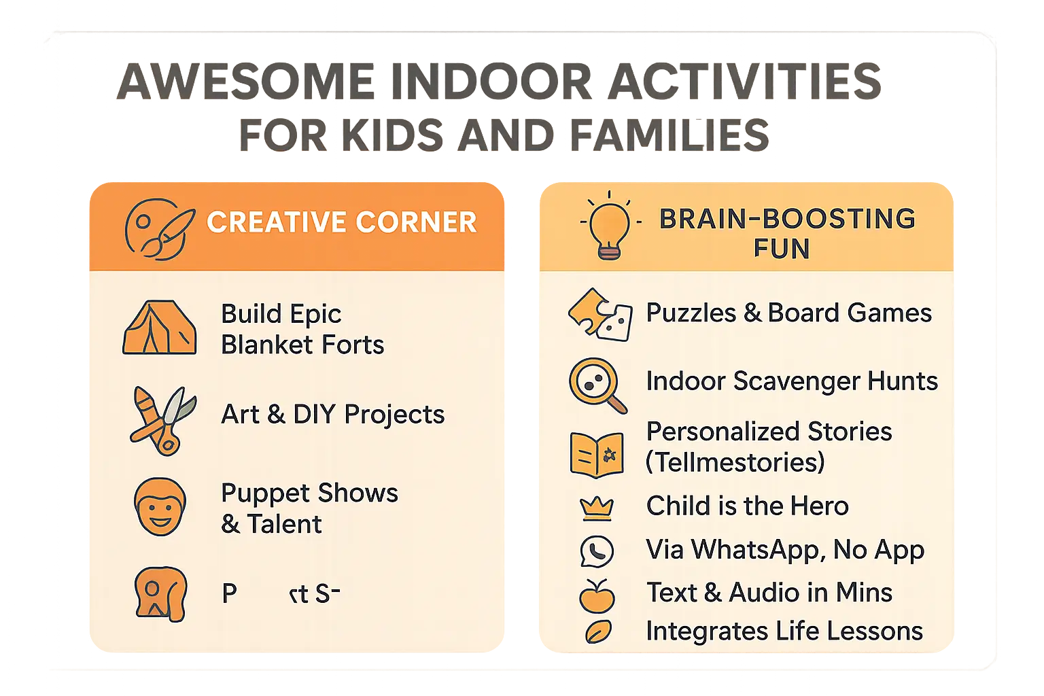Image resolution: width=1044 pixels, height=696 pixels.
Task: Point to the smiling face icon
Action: click(x=160, y=507)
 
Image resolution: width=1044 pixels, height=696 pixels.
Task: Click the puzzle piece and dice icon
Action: click(x=600, y=315)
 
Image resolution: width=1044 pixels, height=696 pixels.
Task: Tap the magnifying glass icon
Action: click(x=597, y=385)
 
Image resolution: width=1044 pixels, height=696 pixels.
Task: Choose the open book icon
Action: click(x=596, y=454)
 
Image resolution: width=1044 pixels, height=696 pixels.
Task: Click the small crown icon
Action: click(x=596, y=508)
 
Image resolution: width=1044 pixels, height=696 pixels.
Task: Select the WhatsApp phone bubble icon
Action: click(x=596, y=551)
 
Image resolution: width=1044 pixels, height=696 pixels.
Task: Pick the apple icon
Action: click(x=596, y=596)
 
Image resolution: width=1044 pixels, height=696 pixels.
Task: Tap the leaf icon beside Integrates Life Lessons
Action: click(x=597, y=632)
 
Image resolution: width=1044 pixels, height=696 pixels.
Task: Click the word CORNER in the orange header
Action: click(x=416, y=222)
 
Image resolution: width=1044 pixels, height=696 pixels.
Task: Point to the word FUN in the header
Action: click(x=781, y=249)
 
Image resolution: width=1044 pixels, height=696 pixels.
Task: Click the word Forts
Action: click(x=353, y=345)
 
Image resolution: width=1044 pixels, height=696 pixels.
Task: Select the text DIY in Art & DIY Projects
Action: click(x=314, y=414)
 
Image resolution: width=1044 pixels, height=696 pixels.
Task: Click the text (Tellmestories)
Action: click(x=735, y=462)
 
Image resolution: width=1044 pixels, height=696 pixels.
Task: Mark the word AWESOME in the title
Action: click(x=245, y=82)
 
